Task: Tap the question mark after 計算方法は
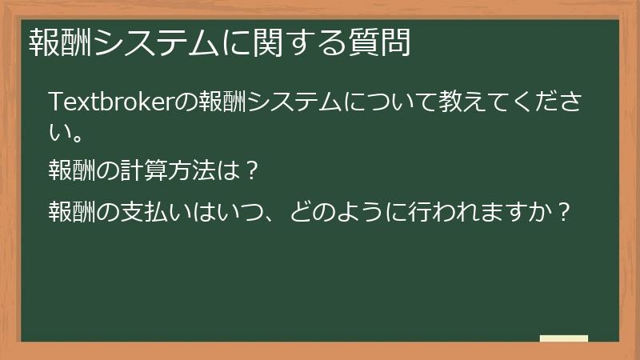tap(250, 170)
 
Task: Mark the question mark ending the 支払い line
tap(565, 212)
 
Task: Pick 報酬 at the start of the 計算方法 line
tap(71, 170)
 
